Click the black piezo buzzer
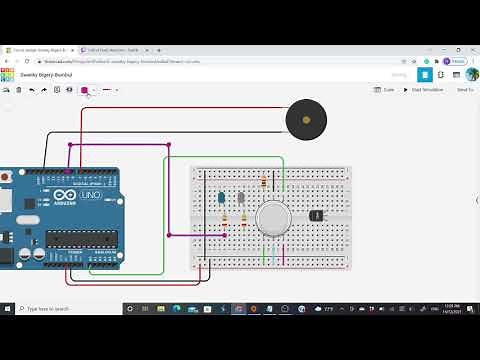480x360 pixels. tap(305, 121)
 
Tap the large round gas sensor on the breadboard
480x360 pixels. tap(271, 218)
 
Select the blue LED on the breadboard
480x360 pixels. tap(221, 198)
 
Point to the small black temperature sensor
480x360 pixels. tap(316, 214)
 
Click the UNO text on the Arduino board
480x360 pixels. tap(90, 195)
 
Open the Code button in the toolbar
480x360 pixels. tap(386, 90)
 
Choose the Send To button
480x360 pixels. tap(464, 90)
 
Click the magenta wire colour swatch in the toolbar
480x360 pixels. tap(85, 90)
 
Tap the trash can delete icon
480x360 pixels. tap(19, 90)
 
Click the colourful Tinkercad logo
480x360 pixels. tap(8, 75)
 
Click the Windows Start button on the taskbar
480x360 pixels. tap(8, 309)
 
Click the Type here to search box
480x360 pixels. tap(65, 309)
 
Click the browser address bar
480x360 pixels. tap(200, 60)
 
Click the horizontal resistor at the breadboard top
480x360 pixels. tap(264, 182)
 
